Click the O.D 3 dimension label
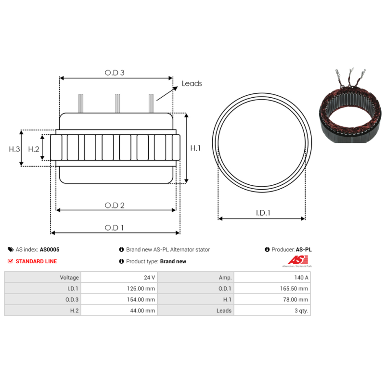click(x=115, y=73)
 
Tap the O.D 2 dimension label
click(x=115, y=205)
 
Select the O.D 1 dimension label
click(x=115, y=228)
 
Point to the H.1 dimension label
click(x=195, y=148)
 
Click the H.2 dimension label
click(x=33, y=149)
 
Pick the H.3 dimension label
click(x=14, y=149)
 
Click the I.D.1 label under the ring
click(x=262, y=213)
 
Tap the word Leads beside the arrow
click(x=192, y=84)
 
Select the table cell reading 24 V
click(x=150, y=278)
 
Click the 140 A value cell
click(x=301, y=278)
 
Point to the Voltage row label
click(x=69, y=278)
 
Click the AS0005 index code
click(x=50, y=250)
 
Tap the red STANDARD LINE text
click(x=36, y=261)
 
